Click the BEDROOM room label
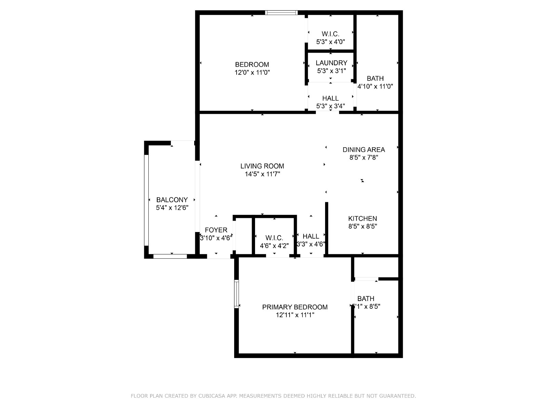[252, 65]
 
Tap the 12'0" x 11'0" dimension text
[252, 72]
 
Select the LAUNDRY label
[331, 63]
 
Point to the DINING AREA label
[364, 150]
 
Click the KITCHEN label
[363, 218]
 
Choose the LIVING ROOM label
[262, 166]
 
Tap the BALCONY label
[172, 200]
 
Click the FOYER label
[216, 230]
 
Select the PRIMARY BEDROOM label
[295, 307]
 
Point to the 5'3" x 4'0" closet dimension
[331, 42]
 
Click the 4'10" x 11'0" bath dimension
[375, 86]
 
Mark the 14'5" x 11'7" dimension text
[263, 174]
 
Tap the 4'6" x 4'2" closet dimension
[275, 246]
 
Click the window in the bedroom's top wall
[281, 12]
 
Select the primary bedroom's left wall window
[237, 294]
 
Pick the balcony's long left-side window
[146, 200]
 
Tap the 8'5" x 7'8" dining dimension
[364, 157]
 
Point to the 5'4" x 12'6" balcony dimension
[172, 208]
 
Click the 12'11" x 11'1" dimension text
[295, 315]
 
